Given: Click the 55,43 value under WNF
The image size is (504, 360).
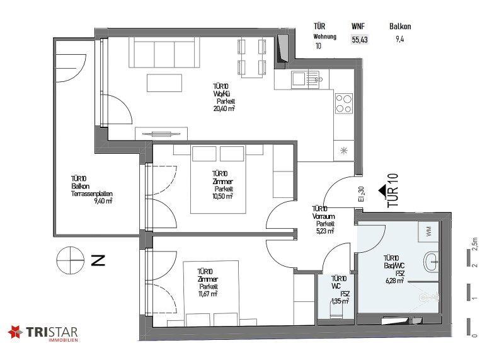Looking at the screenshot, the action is (x=360, y=40).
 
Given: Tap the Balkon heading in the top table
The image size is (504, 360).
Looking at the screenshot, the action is (x=400, y=26).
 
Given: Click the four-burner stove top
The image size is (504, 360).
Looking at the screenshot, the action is (x=344, y=103).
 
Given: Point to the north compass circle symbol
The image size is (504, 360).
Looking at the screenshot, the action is (x=71, y=260).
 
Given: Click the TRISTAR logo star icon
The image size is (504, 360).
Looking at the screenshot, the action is (x=15, y=332).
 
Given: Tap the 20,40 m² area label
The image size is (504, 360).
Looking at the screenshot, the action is (x=224, y=108).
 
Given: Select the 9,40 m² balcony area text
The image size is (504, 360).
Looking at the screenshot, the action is (x=103, y=201).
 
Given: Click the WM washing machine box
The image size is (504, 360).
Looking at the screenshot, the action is (x=428, y=232).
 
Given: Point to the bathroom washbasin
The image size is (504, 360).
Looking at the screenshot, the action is (x=432, y=262).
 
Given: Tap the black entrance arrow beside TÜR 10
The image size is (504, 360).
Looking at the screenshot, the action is (x=382, y=191).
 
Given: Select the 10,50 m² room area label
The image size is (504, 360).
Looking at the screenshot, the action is (x=222, y=196).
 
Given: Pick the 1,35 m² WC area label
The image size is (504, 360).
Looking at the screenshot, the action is (x=340, y=301).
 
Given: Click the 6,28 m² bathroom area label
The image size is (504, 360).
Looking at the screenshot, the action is (x=395, y=281).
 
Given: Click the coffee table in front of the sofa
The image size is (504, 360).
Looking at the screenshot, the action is (x=164, y=83).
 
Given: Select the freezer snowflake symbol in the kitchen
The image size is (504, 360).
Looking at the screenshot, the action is (x=343, y=150).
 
